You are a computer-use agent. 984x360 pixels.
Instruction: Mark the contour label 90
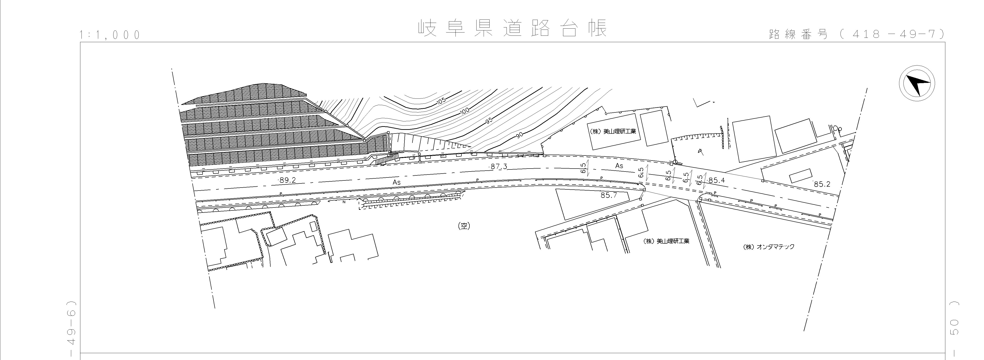pyautogui.click(x=519, y=135)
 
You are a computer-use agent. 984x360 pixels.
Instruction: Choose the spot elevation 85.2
pyautogui.click(x=822, y=184)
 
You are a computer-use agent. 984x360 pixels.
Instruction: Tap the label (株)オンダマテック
pyautogui.click(x=769, y=247)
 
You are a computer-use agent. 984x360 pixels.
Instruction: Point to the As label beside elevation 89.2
pyautogui.click(x=396, y=182)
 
